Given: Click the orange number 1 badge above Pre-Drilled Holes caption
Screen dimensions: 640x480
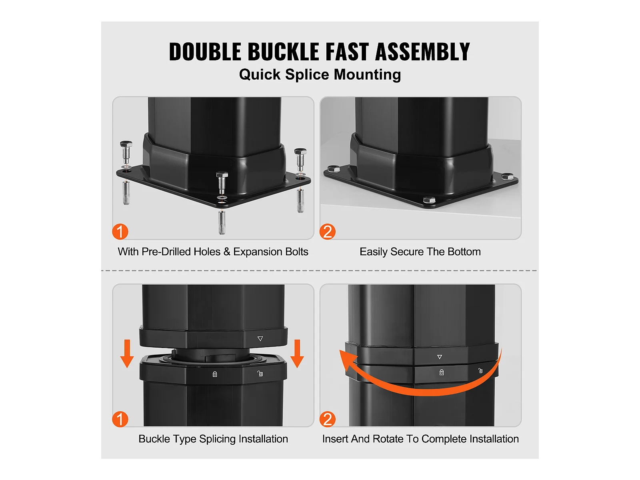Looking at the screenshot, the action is point(120,232).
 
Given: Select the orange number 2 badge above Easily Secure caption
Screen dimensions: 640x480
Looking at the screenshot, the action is point(328,232).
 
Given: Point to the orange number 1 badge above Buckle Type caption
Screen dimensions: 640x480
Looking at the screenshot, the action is point(120,419).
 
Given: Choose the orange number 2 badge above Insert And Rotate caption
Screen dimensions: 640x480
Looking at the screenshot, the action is point(328,419).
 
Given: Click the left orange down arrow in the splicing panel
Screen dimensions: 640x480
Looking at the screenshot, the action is point(127,354).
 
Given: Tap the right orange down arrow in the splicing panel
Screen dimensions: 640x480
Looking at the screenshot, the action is point(297,354).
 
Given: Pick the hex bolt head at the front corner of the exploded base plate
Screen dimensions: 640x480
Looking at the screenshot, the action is point(222,175).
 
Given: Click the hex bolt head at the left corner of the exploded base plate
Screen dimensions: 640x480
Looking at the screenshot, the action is point(126,144).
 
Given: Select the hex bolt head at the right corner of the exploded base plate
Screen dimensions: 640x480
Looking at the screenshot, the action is point(300,152).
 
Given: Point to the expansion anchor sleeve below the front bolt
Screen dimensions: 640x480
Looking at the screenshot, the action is point(222,222).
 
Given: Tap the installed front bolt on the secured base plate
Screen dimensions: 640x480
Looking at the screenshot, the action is point(429,200).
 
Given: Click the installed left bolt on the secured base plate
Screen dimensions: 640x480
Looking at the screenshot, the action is point(334,169).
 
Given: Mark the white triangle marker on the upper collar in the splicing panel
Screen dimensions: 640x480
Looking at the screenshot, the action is point(260,338).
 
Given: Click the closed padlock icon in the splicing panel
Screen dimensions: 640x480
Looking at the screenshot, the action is point(215,374).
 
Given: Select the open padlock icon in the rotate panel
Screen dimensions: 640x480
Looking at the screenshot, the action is point(480,370).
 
